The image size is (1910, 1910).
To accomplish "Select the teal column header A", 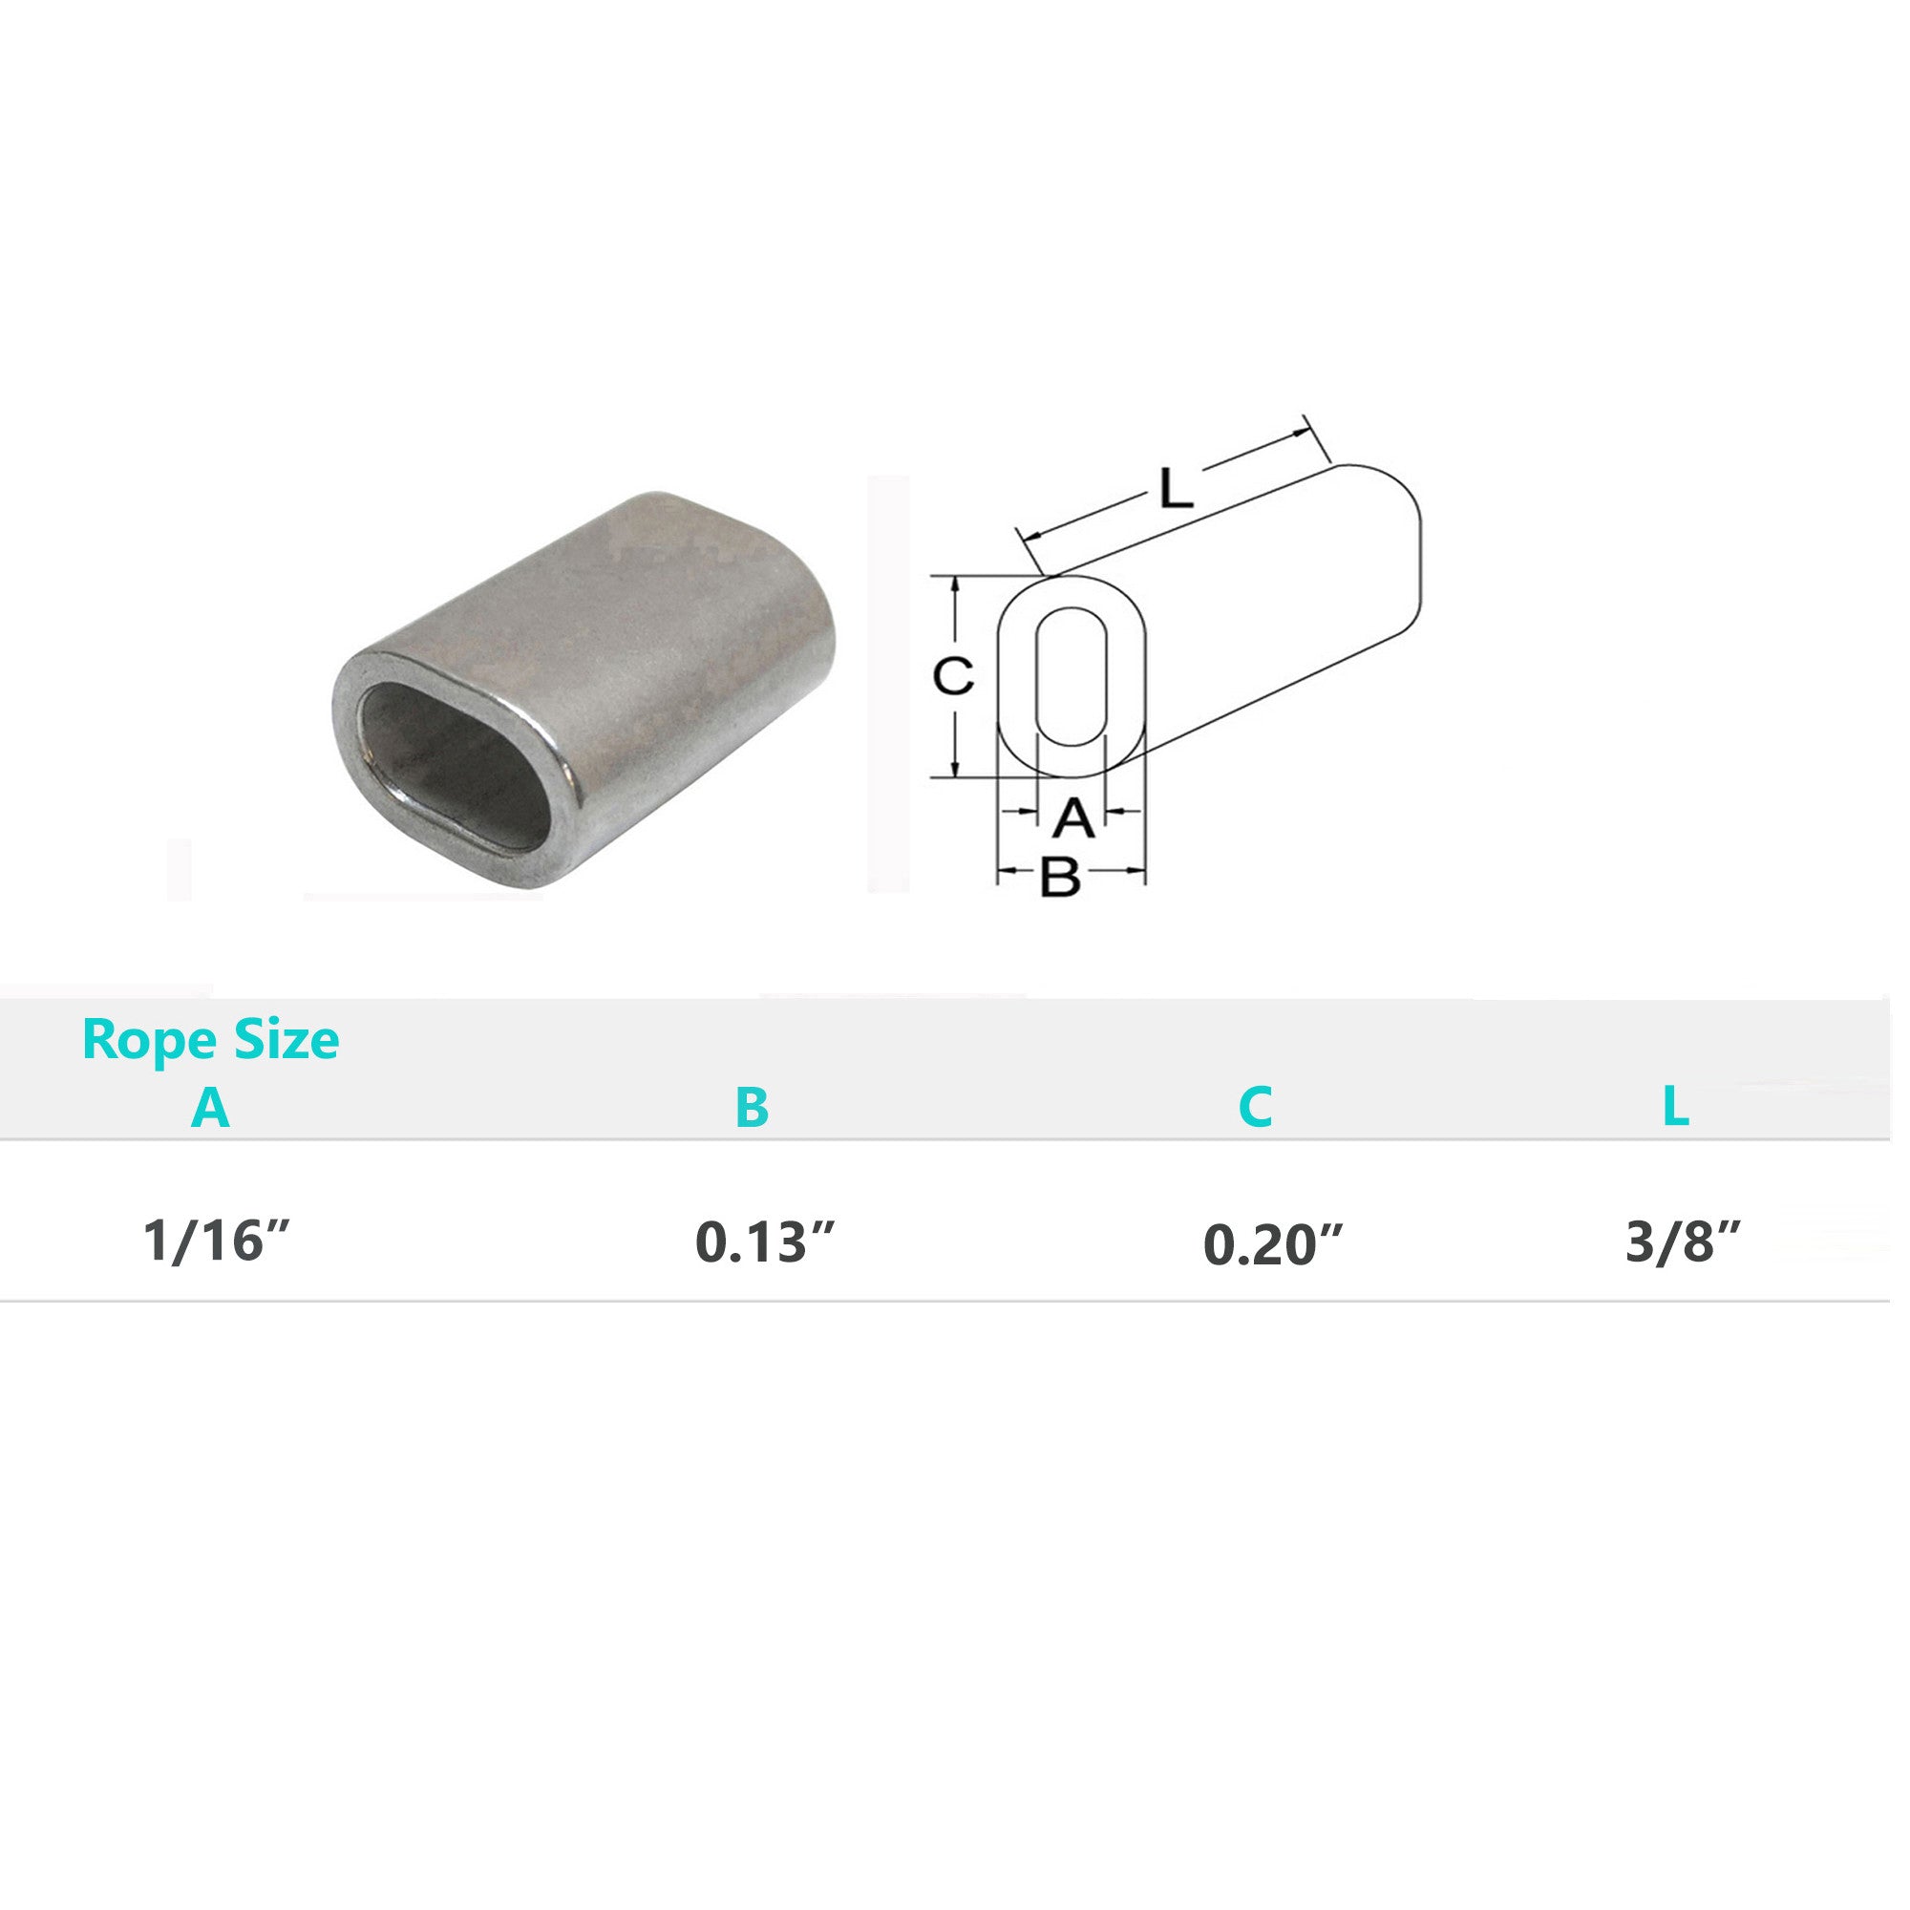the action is [210, 1107].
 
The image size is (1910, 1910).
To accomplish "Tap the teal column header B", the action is [753, 1107].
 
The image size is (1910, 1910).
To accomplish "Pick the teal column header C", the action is [1255, 1107].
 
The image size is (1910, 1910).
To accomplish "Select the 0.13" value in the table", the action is [765, 1241].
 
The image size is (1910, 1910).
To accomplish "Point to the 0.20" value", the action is [1272, 1243].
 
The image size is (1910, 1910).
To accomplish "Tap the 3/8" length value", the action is [1683, 1241].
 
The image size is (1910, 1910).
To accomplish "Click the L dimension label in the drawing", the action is [1176, 488].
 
